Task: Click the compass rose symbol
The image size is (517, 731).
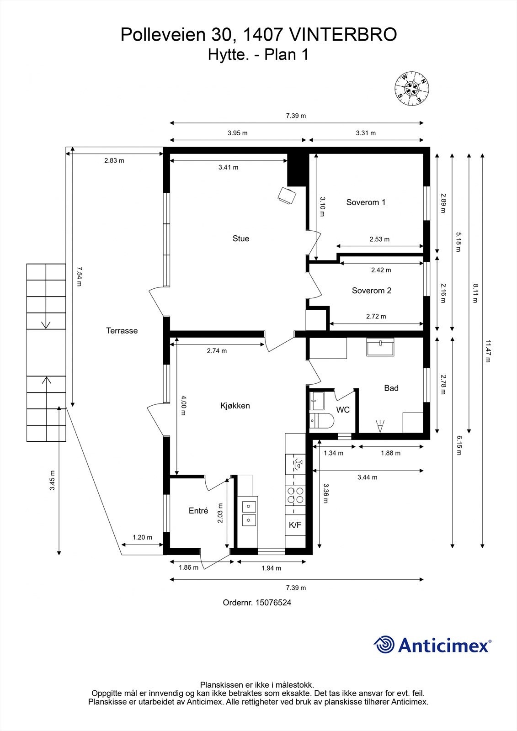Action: tap(411, 89)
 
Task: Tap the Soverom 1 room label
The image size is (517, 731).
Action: tap(366, 202)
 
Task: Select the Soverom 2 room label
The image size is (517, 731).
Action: tap(371, 291)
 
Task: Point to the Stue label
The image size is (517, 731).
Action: tap(241, 238)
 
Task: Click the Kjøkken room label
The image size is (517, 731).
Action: tap(235, 406)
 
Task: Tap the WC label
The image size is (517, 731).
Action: tap(343, 409)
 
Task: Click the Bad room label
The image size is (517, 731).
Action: tap(391, 388)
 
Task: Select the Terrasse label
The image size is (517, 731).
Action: tap(122, 331)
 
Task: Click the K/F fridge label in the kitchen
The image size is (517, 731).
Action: tap(295, 525)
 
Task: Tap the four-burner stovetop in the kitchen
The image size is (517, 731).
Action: tap(295, 495)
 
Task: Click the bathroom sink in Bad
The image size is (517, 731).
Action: tap(380, 347)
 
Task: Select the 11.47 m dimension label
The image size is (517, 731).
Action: tap(488, 351)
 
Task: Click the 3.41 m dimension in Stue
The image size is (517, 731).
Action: tap(228, 167)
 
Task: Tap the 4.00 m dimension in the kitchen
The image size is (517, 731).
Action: tap(183, 405)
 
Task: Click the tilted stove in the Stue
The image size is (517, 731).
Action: tap(287, 196)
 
